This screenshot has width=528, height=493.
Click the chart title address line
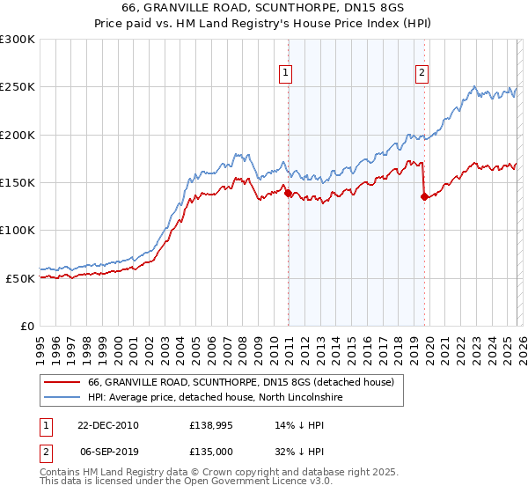tap(264, 9)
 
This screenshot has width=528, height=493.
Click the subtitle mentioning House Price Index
tap(264, 24)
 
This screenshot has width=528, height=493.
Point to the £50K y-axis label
tap(21, 278)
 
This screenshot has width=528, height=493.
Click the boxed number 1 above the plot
tap(287, 73)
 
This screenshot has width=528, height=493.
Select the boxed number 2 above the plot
tap(423, 73)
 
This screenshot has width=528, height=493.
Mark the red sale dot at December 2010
tap(288, 193)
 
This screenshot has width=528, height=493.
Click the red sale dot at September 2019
tap(424, 197)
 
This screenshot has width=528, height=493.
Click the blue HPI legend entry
tap(220, 398)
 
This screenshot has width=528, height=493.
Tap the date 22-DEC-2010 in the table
tap(109, 425)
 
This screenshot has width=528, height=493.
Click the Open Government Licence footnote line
tap(186, 482)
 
